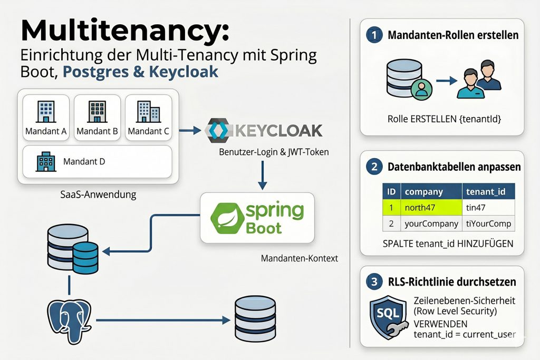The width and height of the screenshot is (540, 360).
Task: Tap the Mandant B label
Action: pyautogui.click(x=97, y=131)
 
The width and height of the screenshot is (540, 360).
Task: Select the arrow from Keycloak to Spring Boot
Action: pyautogui.click(x=262, y=173)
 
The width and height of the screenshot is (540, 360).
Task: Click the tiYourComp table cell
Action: pyautogui.click(x=488, y=223)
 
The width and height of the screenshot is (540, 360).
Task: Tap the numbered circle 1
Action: pyautogui.click(x=374, y=36)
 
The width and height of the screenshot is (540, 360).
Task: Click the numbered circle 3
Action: pyautogui.click(x=374, y=282)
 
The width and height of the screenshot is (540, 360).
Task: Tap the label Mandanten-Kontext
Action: pyautogui.click(x=300, y=258)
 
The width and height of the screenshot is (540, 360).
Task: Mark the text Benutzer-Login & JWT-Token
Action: pyautogui.click(x=274, y=152)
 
